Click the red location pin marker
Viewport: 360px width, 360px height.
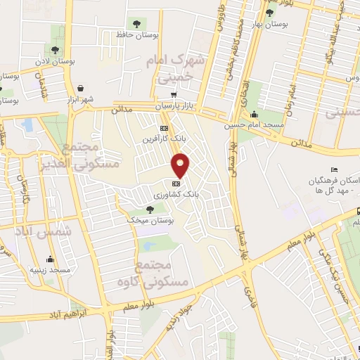pyautogui.click(x=181, y=166)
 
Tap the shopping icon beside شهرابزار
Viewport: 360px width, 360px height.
pyautogui.click(x=82, y=89)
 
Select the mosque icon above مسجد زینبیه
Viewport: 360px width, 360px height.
pyautogui.click(x=49, y=258)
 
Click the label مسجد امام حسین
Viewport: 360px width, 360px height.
pyautogui.click(x=255, y=125)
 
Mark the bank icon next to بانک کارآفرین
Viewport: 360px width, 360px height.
pyautogui.click(x=163, y=129)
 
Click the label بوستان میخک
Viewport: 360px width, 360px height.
pyautogui.click(x=150, y=220)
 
